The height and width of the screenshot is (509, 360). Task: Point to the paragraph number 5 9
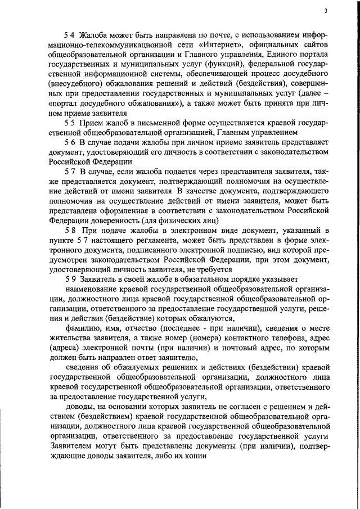point(69,279)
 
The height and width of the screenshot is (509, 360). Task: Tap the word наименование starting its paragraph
point(92,289)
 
